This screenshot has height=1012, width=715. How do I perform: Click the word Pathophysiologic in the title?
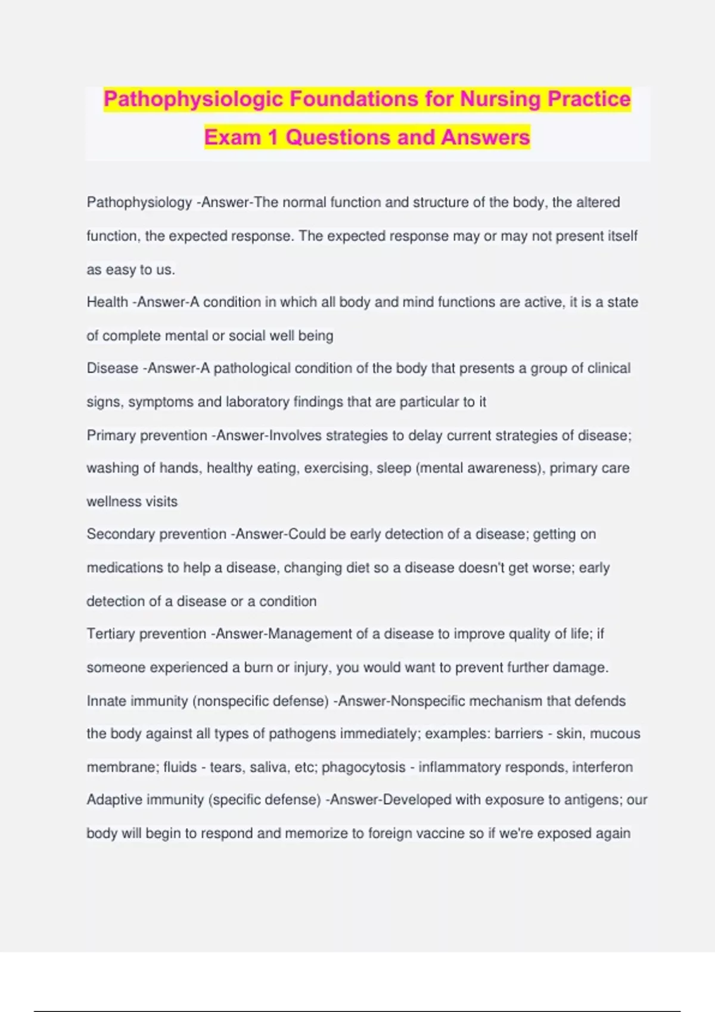(194, 99)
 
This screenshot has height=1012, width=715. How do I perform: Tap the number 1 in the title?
(273, 138)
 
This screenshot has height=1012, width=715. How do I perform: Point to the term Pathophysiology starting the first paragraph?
(139, 202)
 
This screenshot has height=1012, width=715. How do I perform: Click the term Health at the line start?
(107, 302)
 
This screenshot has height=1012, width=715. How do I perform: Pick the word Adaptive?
(114, 800)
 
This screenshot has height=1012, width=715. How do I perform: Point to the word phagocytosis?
(363, 767)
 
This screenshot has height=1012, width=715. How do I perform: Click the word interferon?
(602, 767)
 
